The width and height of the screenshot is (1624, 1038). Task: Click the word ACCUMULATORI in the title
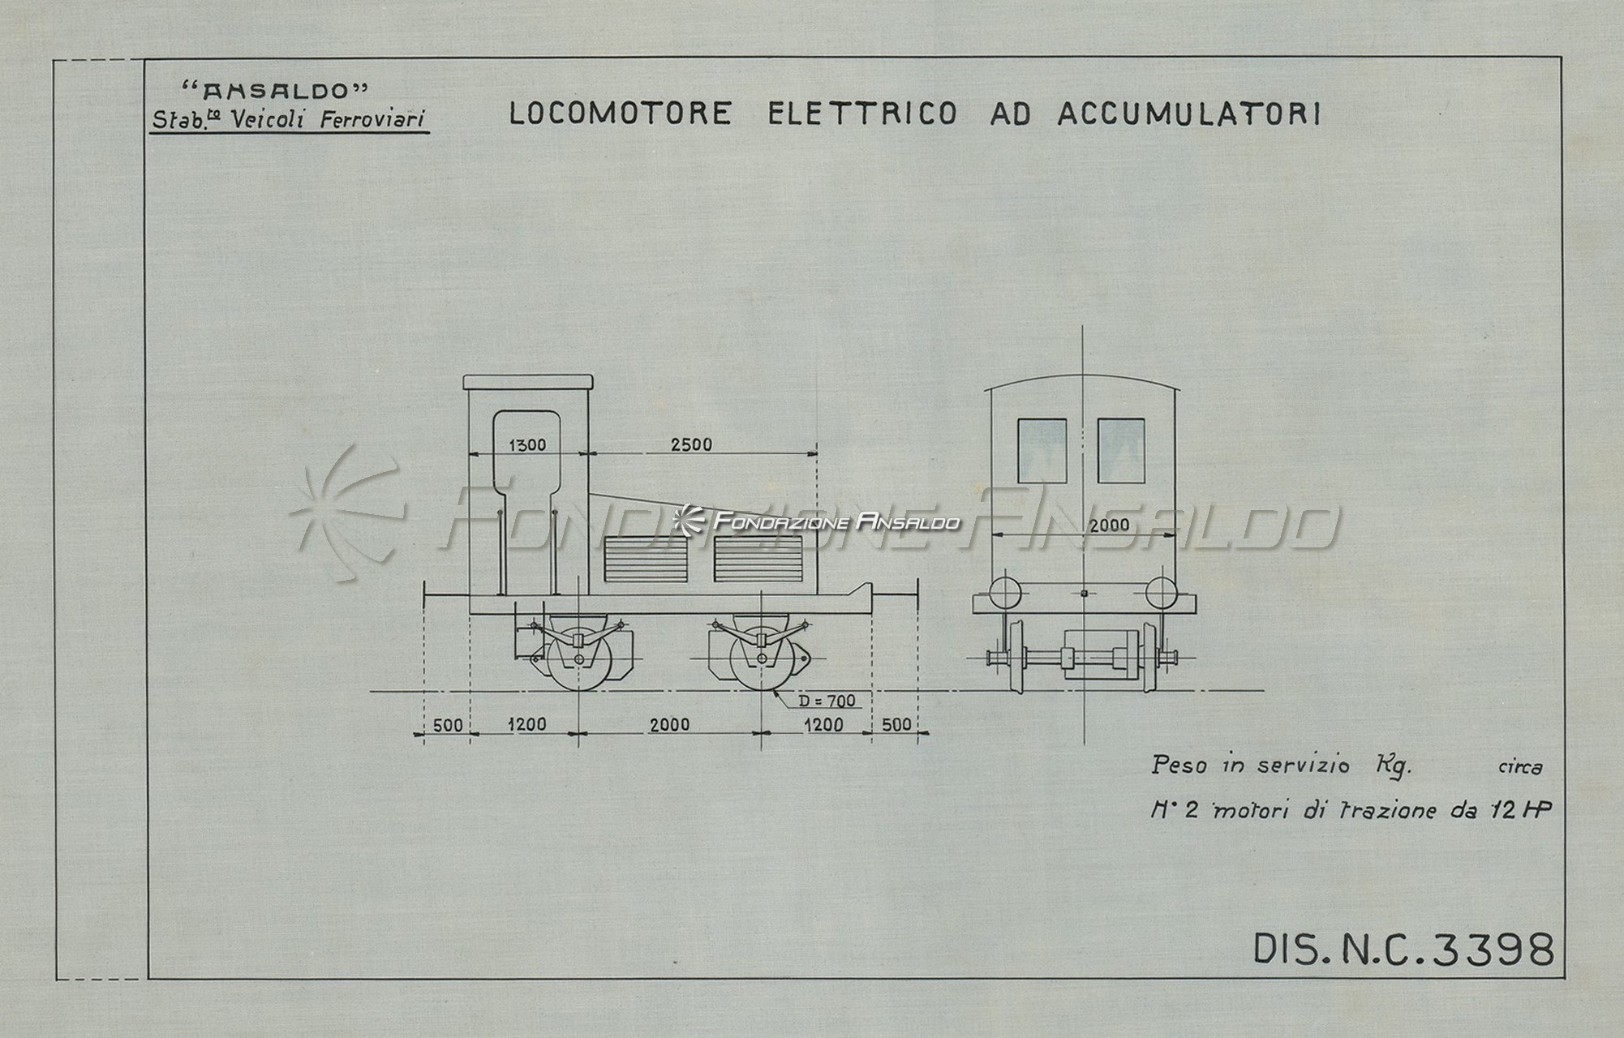pyautogui.click(x=1189, y=114)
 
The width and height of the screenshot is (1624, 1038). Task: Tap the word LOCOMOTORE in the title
pyautogui.click(x=620, y=114)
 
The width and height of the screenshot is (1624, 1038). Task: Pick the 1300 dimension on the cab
pyautogui.click(x=527, y=444)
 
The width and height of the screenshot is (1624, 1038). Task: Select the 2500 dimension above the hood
pyautogui.click(x=692, y=444)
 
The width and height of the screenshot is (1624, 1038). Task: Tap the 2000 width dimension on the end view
pyautogui.click(x=1109, y=525)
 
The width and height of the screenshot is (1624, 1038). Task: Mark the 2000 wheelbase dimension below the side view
pyautogui.click(x=669, y=724)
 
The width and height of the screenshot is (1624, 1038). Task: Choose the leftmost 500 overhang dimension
pyautogui.click(x=447, y=724)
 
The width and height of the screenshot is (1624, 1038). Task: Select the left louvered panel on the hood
pyautogui.click(x=646, y=558)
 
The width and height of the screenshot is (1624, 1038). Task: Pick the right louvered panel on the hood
pyautogui.click(x=758, y=558)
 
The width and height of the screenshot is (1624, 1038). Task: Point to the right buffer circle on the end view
pyautogui.click(x=1162, y=592)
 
